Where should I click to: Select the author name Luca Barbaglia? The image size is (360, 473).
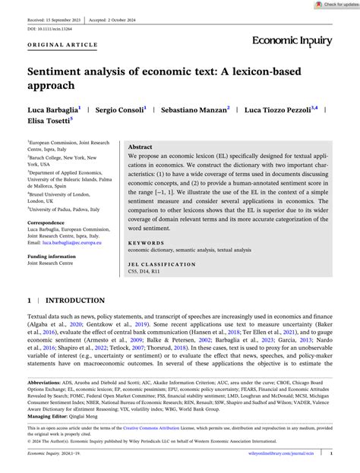coord(53,110)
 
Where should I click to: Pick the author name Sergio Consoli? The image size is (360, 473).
coord(118,110)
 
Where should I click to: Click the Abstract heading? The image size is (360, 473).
coord(141,147)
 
